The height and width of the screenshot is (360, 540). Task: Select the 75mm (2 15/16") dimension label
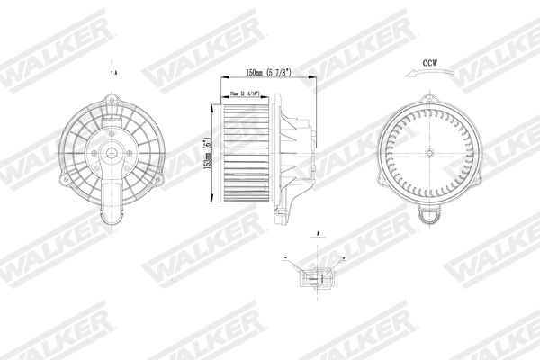coord(245,93)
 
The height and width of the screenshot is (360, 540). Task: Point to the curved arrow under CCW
coord(423,76)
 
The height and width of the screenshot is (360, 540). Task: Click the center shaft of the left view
coord(112,154)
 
